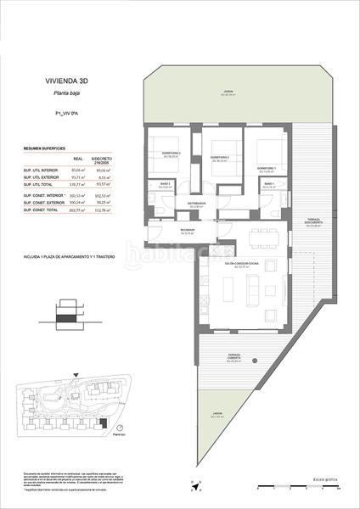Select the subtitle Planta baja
click(x=67, y=95)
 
